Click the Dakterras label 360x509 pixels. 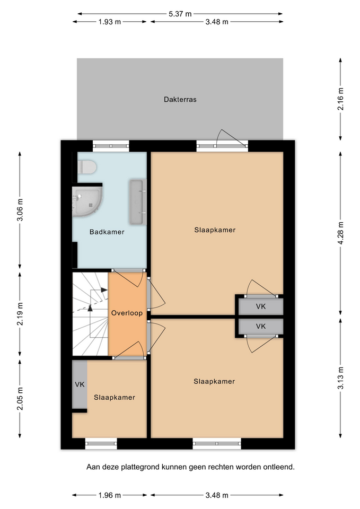pyautogui.click(x=180, y=99)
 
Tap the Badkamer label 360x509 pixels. pyautogui.click(x=107, y=232)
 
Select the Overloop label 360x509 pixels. pyautogui.click(x=127, y=313)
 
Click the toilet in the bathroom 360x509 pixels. pyautogui.click(x=87, y=167)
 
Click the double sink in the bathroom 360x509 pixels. pyautogui.click(x=138, y=202)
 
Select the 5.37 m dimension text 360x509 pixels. pyautogui.click(x=180, y=14)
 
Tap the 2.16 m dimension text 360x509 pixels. pyautogui.click(x=340, y=99)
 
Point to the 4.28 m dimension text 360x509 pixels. pyautogui.click(x=340, y=233)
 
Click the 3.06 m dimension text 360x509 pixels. pyautogui.click(x=20, y=209)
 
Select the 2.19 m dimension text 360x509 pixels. pyautogui.click(x=20, y=314)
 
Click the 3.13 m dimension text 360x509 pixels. pyautogui.click(x=340, y=378)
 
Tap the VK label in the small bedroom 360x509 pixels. pyautogui.click(x=80, y=384)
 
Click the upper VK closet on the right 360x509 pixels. pyautogui.click(x=261, y=306)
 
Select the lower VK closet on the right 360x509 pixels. pyautogui.click(x=261, y=326)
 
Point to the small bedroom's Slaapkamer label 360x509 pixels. pyautogui.click(x=115, y=397)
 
